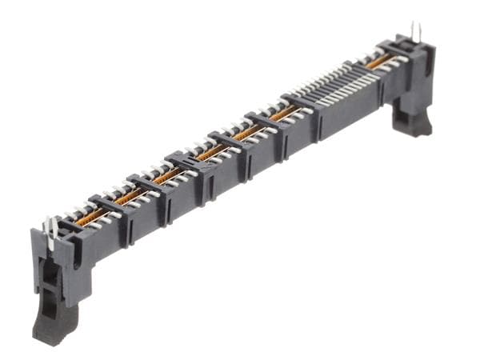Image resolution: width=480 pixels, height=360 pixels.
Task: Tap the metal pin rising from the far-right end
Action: coord(414,32)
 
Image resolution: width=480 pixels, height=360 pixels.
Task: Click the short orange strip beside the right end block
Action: coord(379,61)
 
